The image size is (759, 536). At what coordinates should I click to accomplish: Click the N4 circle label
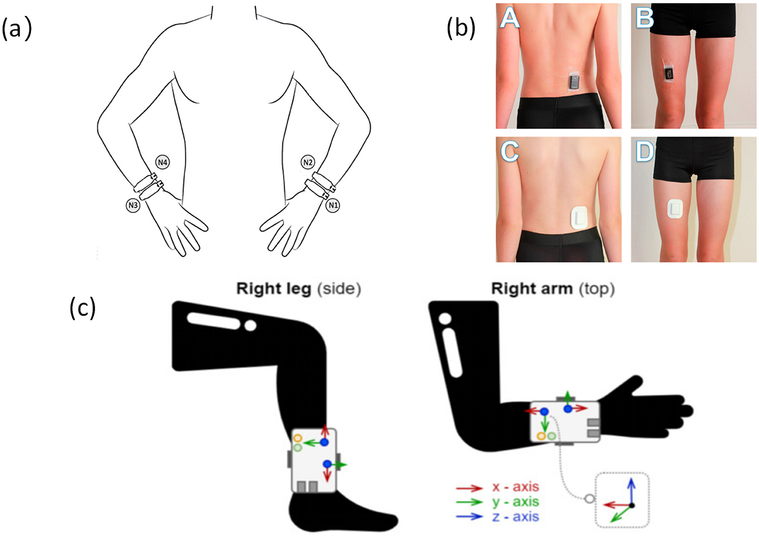tap(163, 163)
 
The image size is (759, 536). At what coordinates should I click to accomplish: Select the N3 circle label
tap(133, 204)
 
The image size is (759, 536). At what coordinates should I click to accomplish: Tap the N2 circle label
tap(308, 163)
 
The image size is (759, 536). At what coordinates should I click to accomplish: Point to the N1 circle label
tap(332, 204)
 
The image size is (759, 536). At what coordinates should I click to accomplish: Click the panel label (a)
tap(15, 28)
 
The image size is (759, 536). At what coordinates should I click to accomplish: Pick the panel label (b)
tap(461, 28)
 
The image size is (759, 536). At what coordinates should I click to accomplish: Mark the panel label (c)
tap(82, 308)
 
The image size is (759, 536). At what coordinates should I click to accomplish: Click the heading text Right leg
tap(275, 289)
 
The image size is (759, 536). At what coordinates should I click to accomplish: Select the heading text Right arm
tap(532, 289)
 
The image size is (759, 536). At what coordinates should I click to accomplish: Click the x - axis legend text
tap(516, 487)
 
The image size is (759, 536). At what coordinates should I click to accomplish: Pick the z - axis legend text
tap(516, 517)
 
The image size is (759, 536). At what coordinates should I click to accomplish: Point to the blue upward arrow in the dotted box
tap(631, 488)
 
